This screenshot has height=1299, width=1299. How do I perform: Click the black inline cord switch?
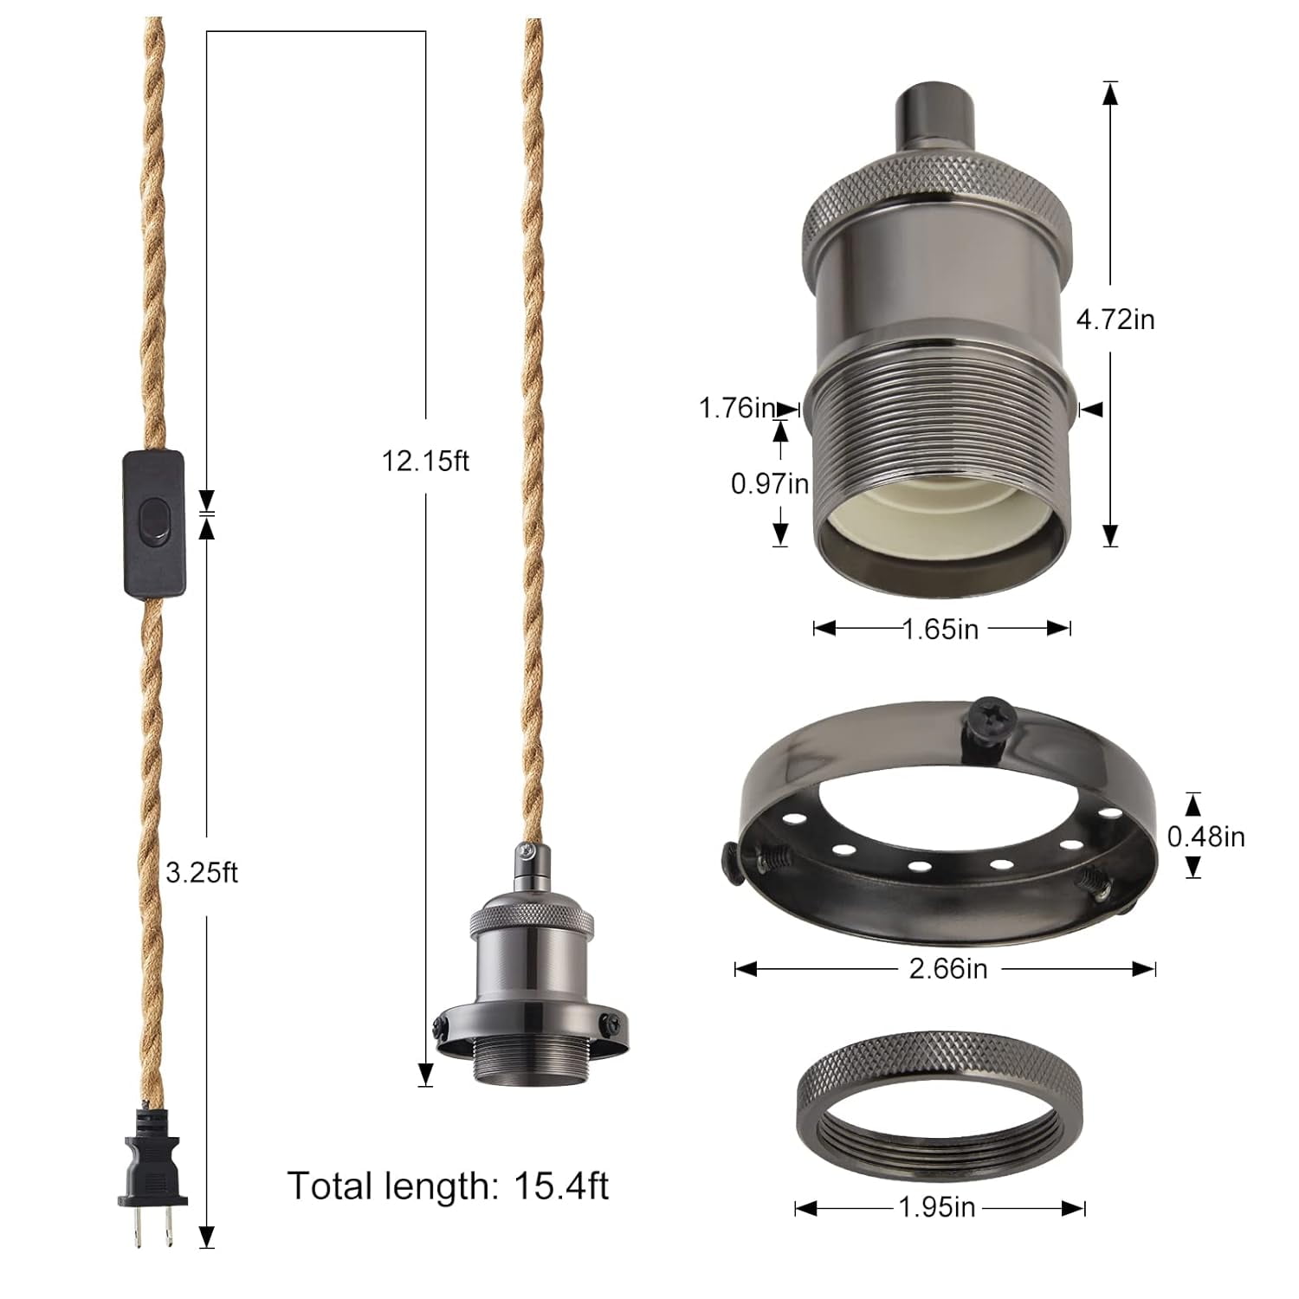click(155, 523)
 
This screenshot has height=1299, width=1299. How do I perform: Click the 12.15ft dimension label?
click(425, 462)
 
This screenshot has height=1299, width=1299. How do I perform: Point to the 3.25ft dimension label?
click(202, 873)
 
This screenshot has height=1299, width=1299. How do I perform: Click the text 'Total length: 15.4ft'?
click(448, 1186)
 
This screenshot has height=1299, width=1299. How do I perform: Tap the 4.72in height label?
click(1115, 320)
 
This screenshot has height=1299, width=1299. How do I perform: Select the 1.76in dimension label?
click(737, 408)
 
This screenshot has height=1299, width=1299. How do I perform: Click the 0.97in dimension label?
click(770, 483)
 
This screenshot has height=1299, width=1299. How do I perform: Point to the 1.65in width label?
click(940, 629)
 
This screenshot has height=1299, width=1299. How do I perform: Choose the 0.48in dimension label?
click(1205, 837)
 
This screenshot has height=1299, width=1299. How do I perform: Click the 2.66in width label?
click(947, 968)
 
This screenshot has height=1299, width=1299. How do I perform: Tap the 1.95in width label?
click(937, 1207)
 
